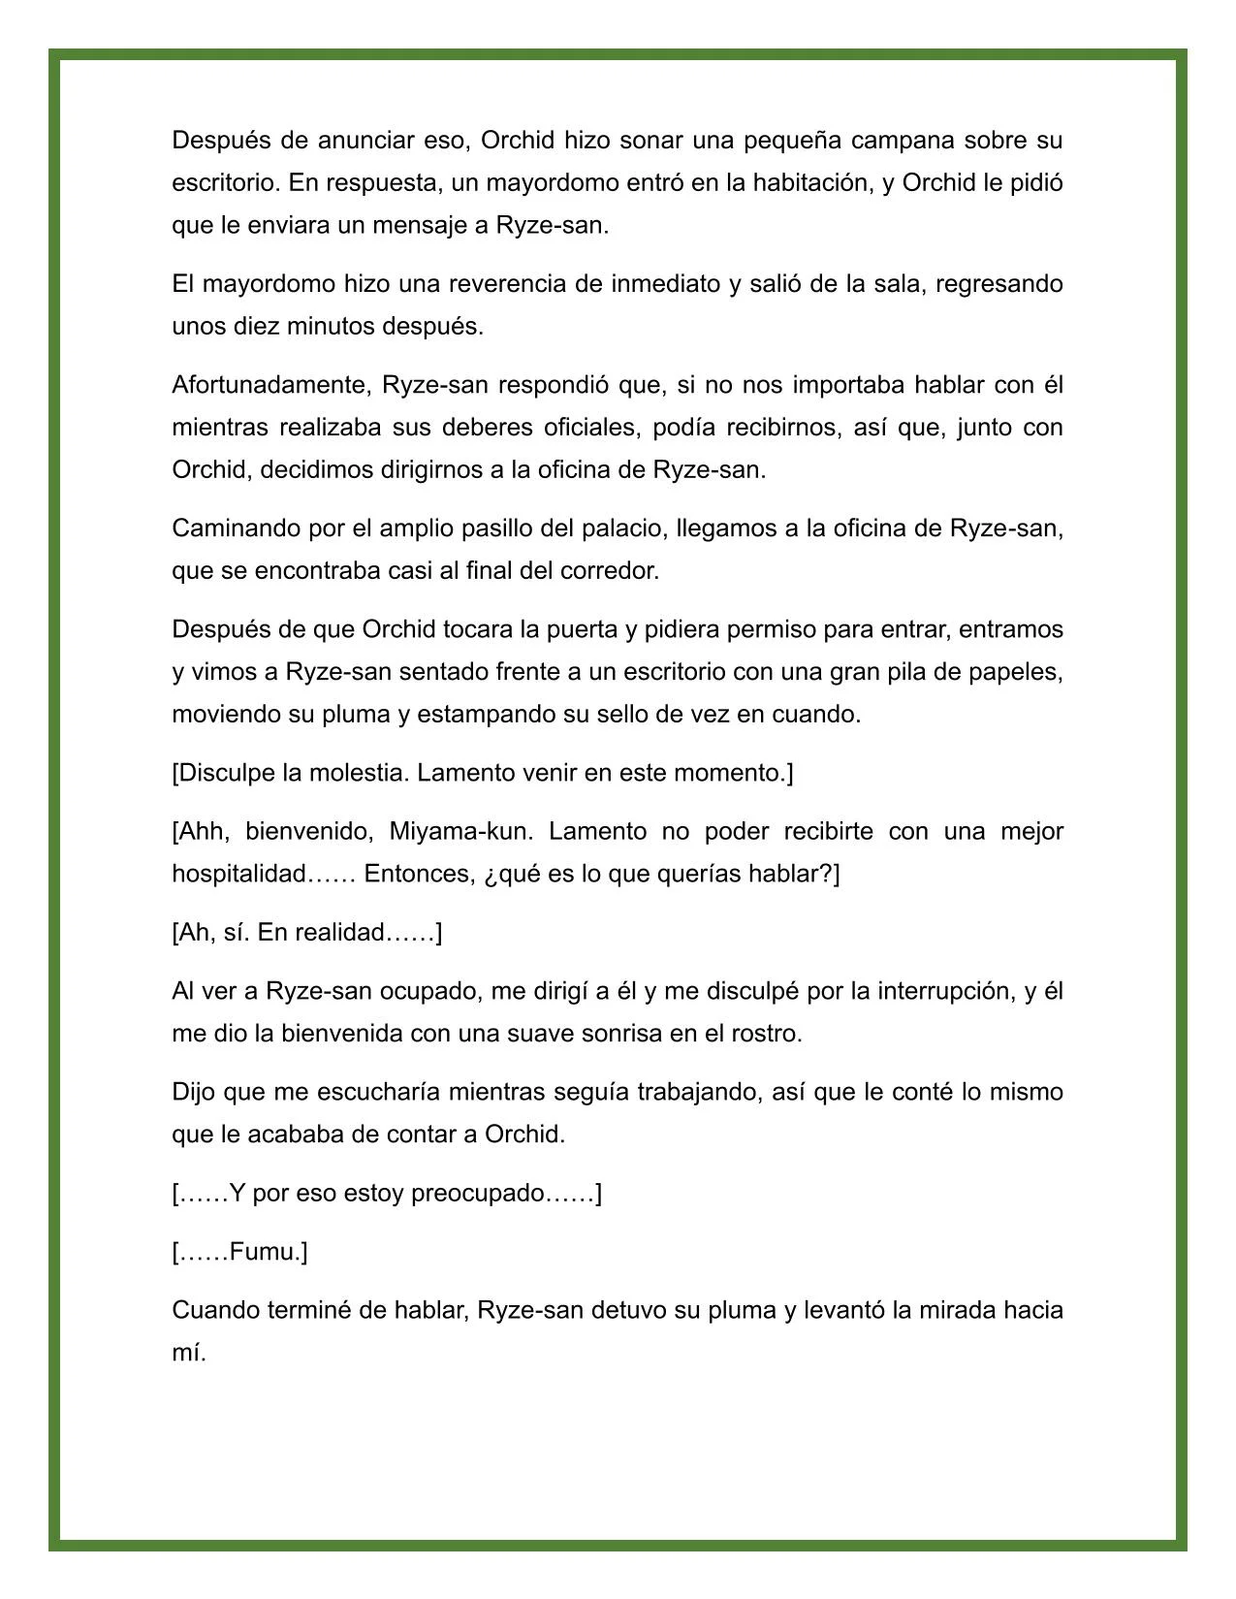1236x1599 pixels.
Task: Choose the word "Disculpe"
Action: point(227,773)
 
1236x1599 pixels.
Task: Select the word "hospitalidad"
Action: point(238,874)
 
